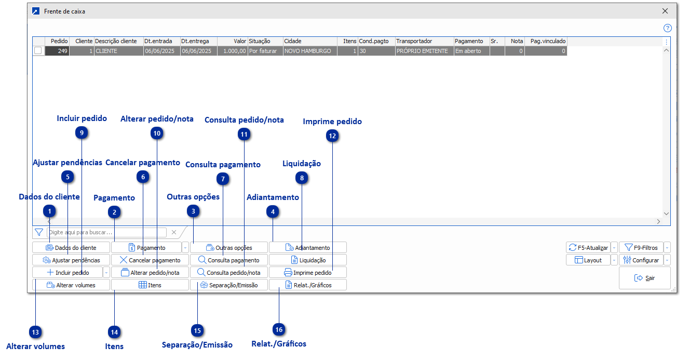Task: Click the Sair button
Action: (644, 278)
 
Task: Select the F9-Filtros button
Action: (641, 248)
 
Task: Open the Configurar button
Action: (641, 260)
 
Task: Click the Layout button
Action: (588, 260)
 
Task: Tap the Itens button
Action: (150, 285)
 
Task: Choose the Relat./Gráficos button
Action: (307, 285)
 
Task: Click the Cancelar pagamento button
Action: (150, 260)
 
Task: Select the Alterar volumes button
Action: (71, 285)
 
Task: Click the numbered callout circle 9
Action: (82, 133)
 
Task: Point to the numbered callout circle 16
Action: (279, 329)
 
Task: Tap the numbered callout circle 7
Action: (222, 179)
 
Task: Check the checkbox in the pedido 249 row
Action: (38, 51)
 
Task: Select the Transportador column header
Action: (414, 41)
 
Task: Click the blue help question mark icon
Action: (668, 28)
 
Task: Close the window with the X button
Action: (665, 11)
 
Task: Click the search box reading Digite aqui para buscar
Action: (106, 232)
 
